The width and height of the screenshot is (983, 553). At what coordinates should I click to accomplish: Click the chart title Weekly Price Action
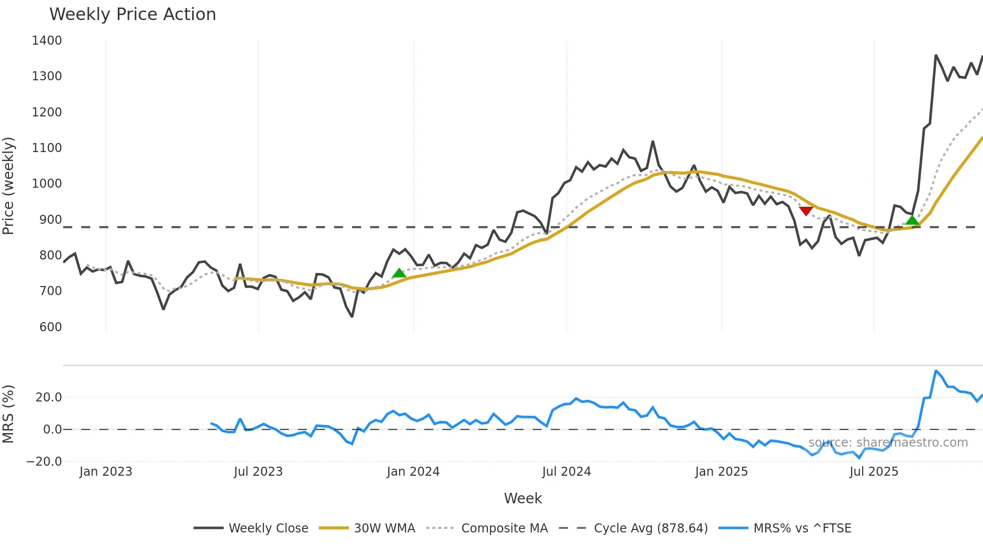coord(132,15)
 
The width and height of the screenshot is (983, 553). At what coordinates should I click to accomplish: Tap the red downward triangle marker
coord(805,211)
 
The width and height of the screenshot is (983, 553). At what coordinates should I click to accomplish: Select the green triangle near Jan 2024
coord(399,273)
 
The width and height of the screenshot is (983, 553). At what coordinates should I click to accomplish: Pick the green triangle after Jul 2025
coord(912,220)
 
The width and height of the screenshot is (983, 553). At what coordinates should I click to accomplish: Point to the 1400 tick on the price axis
coord(47,41)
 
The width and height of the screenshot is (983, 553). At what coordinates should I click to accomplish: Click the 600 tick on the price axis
coord(50,327)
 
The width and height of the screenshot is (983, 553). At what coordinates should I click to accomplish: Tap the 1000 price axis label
coord(47,184)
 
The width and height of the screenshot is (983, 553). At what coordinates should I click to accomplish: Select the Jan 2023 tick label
coord(106,472)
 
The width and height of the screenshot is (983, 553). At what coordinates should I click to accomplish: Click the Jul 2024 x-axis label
coord(566,472)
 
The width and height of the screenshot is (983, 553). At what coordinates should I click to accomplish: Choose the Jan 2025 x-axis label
coord(721,472)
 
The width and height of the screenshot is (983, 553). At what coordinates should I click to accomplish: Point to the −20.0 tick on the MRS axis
coord(44,462)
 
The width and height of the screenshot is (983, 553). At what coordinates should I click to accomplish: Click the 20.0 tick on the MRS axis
coord(49,397)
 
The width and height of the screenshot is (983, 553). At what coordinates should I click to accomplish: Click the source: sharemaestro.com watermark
coord(888,443)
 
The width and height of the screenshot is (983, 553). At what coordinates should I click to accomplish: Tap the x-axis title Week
coord(523,498)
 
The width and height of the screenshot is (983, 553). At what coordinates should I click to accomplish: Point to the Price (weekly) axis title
coord(9,186)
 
